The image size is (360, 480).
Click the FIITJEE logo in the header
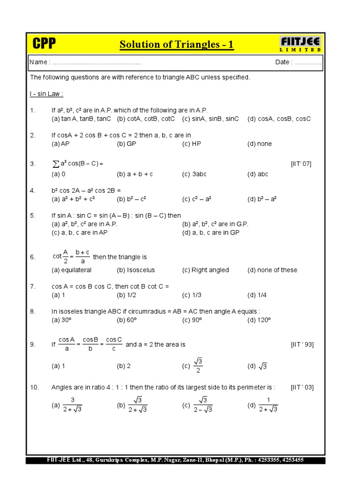click(x=300, y=44)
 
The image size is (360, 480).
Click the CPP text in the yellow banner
click(x=44, y=44)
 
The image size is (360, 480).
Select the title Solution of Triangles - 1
click(x=176, y=45)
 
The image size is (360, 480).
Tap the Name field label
click(x=39, y=62)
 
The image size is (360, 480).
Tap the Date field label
click(x=284, y=62)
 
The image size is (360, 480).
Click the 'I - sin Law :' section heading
click(x=46, y=94)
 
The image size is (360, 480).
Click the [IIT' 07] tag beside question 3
click(x=301, y=164)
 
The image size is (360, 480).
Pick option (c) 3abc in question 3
click(x=194, y=174)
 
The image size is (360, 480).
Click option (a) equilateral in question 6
click(x=72, y=270)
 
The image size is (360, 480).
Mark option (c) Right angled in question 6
click(x=205, y=270)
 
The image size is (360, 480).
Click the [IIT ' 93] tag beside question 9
click(x=302, y=345)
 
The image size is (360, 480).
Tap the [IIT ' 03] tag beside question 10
click(x=302, y=387)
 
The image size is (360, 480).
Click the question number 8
click(x=32, y=311)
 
